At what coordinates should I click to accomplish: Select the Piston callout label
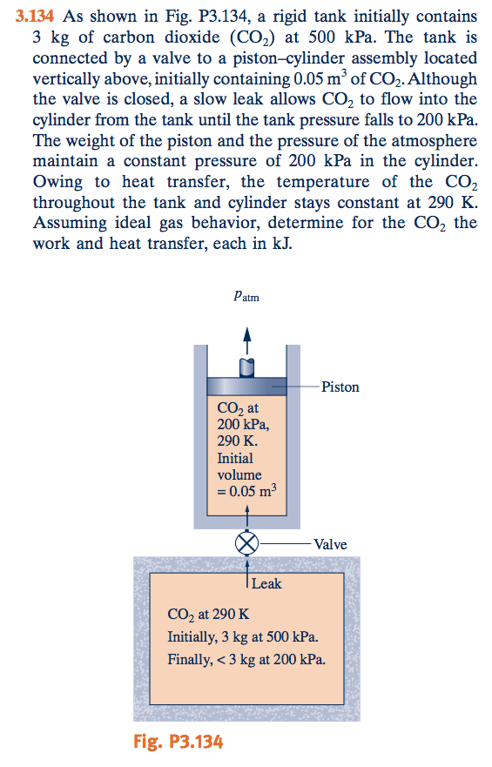pyautogui.click(x=340, y=387)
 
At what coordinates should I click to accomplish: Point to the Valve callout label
pyautogui.click(x=330, y=544)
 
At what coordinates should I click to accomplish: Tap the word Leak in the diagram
pyautogui.click(x=266, y=583)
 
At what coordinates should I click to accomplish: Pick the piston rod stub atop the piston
pyautogui.click(x=247, y=367)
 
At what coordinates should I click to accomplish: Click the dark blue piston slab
pyautogui.click(x=247, y=387)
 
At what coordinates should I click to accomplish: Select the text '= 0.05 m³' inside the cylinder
pyautogui.click(x=246, y=493)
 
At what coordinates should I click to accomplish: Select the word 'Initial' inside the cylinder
pyautogui.click(x=235, y=458)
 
